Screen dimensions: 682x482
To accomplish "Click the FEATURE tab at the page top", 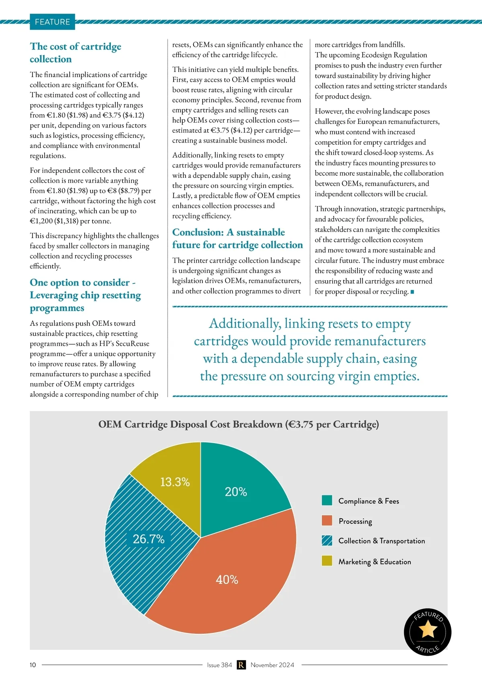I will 52,22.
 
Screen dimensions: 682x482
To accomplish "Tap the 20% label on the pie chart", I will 236,491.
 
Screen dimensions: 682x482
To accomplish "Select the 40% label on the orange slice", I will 227,579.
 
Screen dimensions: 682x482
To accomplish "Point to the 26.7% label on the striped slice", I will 149,539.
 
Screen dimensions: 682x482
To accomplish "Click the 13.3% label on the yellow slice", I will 175,482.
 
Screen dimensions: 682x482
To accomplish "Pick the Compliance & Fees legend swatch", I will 327,501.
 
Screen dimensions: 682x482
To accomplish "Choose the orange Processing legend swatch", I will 327,521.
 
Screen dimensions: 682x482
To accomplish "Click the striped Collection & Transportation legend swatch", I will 327,540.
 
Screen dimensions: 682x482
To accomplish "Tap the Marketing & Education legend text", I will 374,562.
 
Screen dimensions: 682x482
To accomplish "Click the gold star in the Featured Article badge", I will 428,629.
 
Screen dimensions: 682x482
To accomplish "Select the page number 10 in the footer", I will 33,665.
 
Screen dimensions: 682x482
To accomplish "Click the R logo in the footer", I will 241,665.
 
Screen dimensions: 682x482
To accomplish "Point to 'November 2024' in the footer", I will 272,665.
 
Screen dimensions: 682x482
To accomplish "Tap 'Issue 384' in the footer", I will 219,665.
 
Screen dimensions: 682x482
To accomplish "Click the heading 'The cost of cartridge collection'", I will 75,53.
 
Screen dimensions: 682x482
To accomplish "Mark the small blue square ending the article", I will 412,292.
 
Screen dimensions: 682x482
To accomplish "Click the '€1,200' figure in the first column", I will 41,221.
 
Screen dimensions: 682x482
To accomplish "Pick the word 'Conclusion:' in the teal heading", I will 198,232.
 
